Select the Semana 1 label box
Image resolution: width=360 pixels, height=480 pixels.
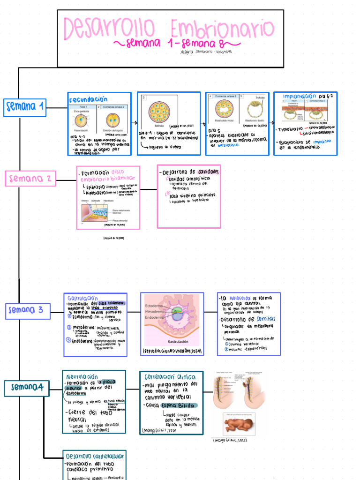25,108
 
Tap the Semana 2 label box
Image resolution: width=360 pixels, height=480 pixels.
30,179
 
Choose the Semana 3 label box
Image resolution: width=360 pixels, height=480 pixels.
28,310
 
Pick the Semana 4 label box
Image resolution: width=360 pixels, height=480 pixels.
27,387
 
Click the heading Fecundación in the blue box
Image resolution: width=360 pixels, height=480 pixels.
88,99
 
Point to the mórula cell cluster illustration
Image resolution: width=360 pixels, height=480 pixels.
159,112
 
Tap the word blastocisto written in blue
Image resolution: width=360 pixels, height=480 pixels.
225,145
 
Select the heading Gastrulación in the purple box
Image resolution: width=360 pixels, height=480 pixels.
82,298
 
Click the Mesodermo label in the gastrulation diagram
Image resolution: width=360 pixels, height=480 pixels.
155,311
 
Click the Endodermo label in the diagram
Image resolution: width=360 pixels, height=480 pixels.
155,317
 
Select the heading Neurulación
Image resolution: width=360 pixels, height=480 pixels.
82,376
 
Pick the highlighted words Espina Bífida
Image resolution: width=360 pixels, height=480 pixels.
179,405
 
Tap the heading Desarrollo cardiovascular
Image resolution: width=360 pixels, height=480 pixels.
95,456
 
